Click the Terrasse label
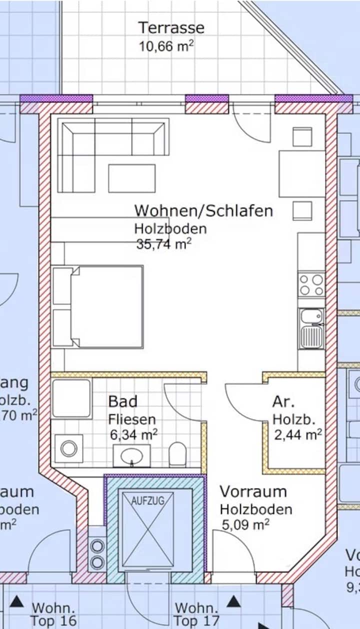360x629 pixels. click(171, 27)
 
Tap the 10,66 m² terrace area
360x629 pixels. click(166, 46)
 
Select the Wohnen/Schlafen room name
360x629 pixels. click(203, 210)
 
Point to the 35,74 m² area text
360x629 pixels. click(163, 244)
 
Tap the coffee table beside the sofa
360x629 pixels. click(131, 178)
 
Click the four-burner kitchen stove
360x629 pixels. click(311, 285)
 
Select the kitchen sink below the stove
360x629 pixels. click(311, 328)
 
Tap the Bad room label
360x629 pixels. click(122, 401)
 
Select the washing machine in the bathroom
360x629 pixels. click(69, 448)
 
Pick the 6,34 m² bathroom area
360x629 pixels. click(134, 434)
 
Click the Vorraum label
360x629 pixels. click(253, 491)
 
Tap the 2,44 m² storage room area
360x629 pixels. click(297, 434)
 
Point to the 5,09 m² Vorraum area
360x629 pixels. click(246, 525)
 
